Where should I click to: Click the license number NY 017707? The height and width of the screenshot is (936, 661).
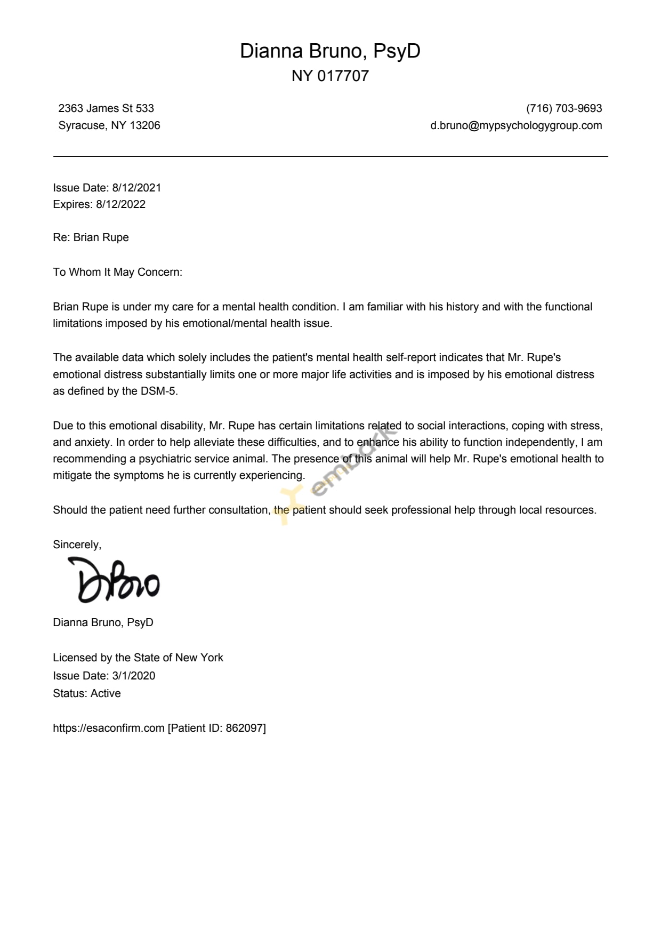point(330,76)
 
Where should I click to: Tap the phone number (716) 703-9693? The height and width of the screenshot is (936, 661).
point(564,108)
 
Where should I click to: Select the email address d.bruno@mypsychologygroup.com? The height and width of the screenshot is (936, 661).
point(516,125)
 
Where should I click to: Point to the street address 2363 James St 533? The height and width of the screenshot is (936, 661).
point(106,108)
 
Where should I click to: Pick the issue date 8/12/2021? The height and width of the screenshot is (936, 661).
point(136,188)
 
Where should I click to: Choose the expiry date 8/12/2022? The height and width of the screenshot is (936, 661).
point(120,204)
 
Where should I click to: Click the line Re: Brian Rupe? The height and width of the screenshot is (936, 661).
point(91,237)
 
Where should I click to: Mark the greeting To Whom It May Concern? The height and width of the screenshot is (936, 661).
point(117,272)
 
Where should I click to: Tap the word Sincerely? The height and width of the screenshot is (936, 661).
point(77,545)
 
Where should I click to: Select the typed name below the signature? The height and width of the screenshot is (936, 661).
point(103,622)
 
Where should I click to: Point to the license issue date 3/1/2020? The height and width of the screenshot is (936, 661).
point(134,676)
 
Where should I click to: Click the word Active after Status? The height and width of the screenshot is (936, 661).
point(106,693)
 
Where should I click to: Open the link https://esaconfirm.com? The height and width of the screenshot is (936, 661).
point(109,728)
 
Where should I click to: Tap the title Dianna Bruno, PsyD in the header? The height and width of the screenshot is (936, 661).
point(330,51)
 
